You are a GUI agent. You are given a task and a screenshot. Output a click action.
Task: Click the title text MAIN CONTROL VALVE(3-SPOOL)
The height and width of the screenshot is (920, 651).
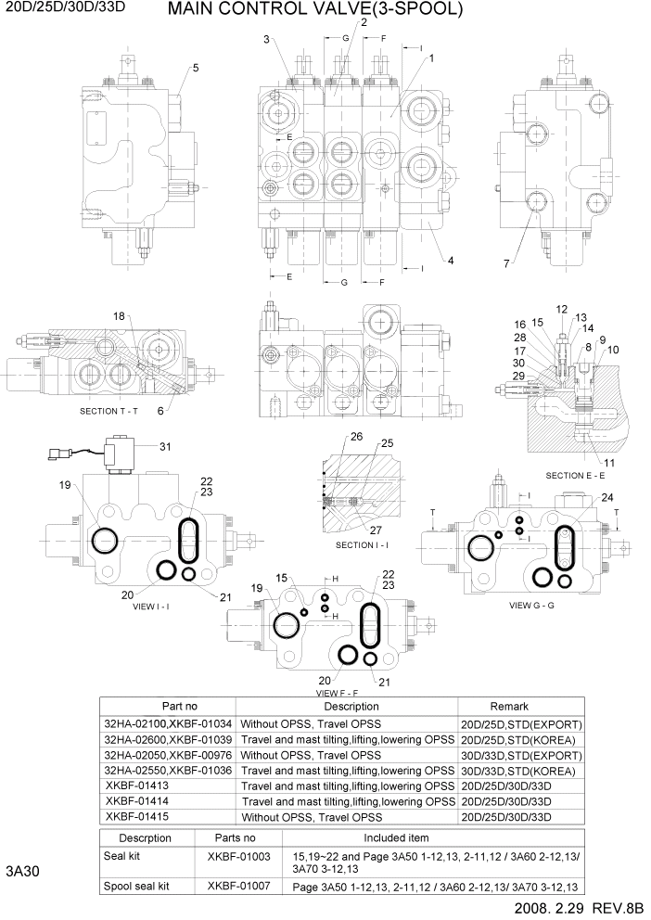click(314, 11)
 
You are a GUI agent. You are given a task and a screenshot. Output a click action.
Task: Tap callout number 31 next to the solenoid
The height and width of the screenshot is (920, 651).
click(166, 447)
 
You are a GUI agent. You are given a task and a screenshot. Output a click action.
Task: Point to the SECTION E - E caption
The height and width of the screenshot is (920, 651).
click(576, 475)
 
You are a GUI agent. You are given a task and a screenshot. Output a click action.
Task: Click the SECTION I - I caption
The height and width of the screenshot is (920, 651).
click(366, 544)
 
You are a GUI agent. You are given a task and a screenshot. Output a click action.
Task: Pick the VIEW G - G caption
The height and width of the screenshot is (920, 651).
click(531, 605)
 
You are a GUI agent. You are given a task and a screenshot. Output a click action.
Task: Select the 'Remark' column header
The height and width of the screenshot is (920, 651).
click(521, 707)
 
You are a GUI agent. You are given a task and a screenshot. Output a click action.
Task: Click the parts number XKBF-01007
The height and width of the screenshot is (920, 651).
click(238, 886)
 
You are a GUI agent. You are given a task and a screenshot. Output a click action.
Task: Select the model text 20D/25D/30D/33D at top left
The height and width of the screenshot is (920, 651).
click(65, 8)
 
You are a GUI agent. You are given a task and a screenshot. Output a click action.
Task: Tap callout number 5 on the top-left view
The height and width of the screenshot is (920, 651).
click(196, 68)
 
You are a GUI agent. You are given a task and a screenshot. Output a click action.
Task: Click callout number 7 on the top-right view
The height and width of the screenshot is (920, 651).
click(506, 264)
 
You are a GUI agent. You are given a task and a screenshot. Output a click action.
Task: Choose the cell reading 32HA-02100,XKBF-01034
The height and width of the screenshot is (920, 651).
click(169, 723)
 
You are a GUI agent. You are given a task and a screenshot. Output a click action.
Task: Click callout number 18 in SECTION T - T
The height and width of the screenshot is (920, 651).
click(119, 317)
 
